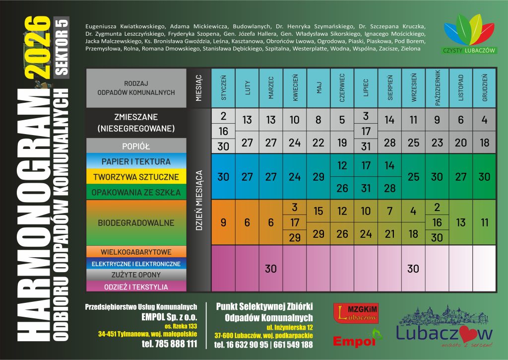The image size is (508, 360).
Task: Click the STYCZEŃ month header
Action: click(x=223, y=88)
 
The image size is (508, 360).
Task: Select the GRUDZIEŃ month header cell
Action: click(x=484, y=88)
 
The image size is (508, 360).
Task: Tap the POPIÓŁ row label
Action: click(x=135, y=146)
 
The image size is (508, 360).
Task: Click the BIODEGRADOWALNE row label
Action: click(x=135, y=223)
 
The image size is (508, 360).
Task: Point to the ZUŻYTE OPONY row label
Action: click(x=135, y=275)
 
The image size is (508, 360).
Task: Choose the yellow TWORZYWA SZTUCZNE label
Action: click(x=135, y=177)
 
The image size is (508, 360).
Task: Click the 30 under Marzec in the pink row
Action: click(x=271, y=269)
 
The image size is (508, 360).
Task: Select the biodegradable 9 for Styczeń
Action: click(x=223, y=223)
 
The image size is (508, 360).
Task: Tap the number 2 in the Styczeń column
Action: click(x=223, y=116)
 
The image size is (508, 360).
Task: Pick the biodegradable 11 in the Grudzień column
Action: click(x=484, y=223)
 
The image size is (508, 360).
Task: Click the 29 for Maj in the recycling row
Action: click(x=318, y=177)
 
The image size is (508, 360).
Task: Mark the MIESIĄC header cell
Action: click(x=199, y=88)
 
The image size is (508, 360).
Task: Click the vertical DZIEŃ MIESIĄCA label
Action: click(x=199, y=199)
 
